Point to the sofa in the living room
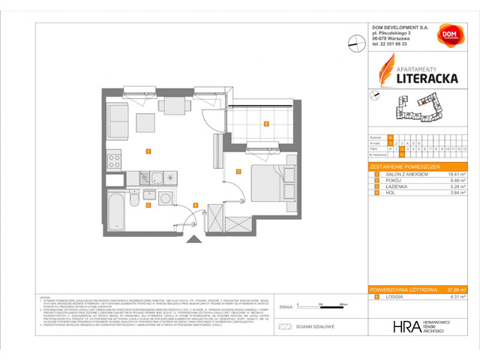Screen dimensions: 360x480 pyautogui.click(x=117, y=118)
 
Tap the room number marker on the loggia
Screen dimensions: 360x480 pyautogui.click(x=265, y=124)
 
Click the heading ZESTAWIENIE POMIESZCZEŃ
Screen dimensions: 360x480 pyautogui.click(x=406, y=165)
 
